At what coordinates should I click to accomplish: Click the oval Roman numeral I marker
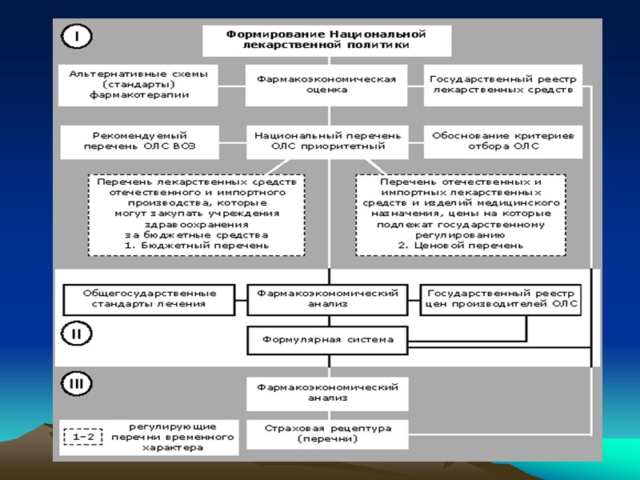pyautogui.click(x=77, y=36)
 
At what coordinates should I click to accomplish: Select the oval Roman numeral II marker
pyautogui.click(x=77, y=334)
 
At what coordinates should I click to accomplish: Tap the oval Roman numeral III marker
pyautogui.click(x=77, y=384)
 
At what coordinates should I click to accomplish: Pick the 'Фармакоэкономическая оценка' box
pyautogui.click(x=326, y=85)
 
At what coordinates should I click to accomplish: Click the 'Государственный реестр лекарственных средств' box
pyautogui.click(x=502, y=85)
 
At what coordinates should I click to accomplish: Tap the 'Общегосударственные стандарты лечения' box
pyautogui.click(x=150, y=298)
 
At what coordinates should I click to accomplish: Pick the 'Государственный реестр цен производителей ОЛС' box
pyautogui.click(x=501, y=298)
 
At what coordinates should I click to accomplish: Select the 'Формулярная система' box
pyautogui.click(x=327, y=340)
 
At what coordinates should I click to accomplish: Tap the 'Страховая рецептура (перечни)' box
pyautogui.click(x=327, y=434)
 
